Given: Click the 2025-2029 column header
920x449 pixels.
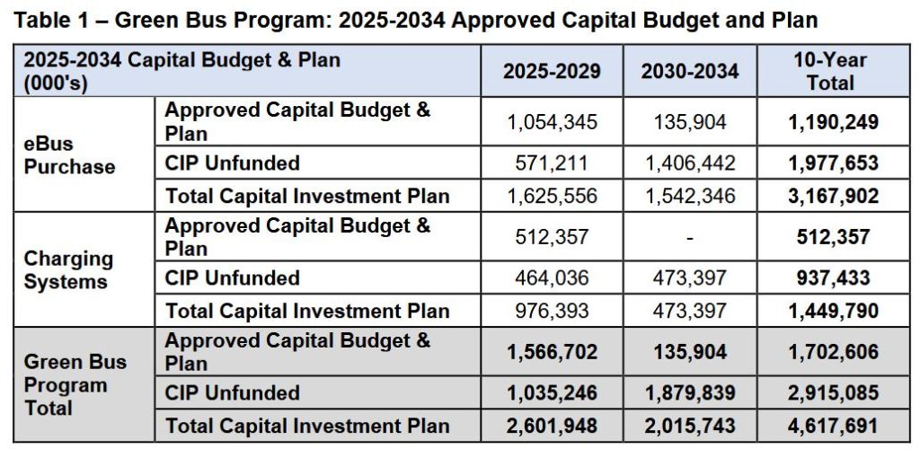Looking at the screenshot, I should (x=552, y=71).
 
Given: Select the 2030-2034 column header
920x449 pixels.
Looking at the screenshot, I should (x=689, y=71).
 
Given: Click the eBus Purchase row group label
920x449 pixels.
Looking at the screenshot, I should (x=69, y=155).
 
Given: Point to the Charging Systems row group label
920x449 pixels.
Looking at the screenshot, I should (x=68, y=270).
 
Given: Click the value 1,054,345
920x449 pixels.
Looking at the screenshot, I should (x=552, y=122).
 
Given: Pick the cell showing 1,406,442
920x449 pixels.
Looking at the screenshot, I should (x=689, y=163).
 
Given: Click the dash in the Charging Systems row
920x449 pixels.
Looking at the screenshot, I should (x=689, y=237).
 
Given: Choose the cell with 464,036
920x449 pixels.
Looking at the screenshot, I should (x=552, y=278).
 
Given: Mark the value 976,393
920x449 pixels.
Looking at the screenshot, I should (x=552, y=311).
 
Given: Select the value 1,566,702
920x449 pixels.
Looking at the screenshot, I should (x=552, y=352).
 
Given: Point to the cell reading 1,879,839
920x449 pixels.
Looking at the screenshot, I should (x=689, y=393).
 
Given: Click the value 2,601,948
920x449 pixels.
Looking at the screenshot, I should (x=552, y=426).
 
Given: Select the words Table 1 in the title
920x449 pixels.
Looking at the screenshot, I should (x=52, y=21).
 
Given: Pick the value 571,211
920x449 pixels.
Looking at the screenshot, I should (x=552, y=163).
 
